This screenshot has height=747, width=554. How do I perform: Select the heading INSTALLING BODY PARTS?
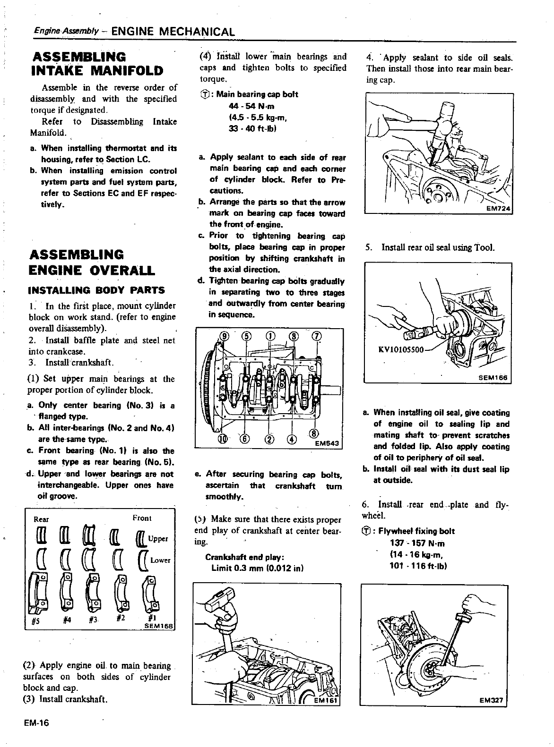[x=97, y=290]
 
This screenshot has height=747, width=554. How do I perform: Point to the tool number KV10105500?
[x=401, y=350]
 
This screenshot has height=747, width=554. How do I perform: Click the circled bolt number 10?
[x=222, y=439]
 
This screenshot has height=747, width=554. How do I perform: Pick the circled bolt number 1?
[x=270, y=336]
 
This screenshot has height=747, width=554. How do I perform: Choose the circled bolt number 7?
[x=316, y=336]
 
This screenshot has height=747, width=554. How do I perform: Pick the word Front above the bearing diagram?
[x=142, y=518]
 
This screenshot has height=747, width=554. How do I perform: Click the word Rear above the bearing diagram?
[x=42, y=519]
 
